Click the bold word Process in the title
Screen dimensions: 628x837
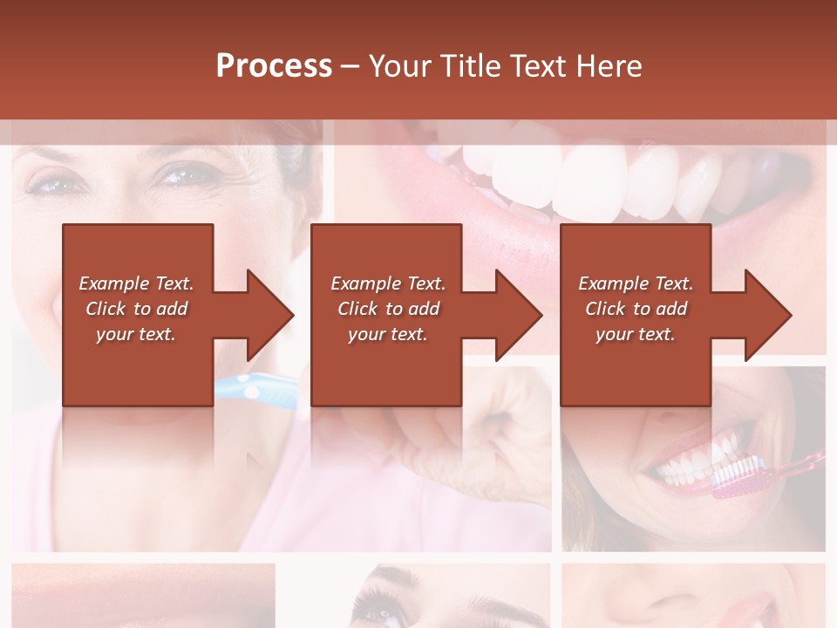[x=274, y=66]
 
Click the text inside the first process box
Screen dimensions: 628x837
[x=136, y=309]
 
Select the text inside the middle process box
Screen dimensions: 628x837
[x=388, y=309]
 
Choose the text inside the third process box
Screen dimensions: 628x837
[x=636, y=309]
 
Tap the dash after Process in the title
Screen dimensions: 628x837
[x=350, y=66]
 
